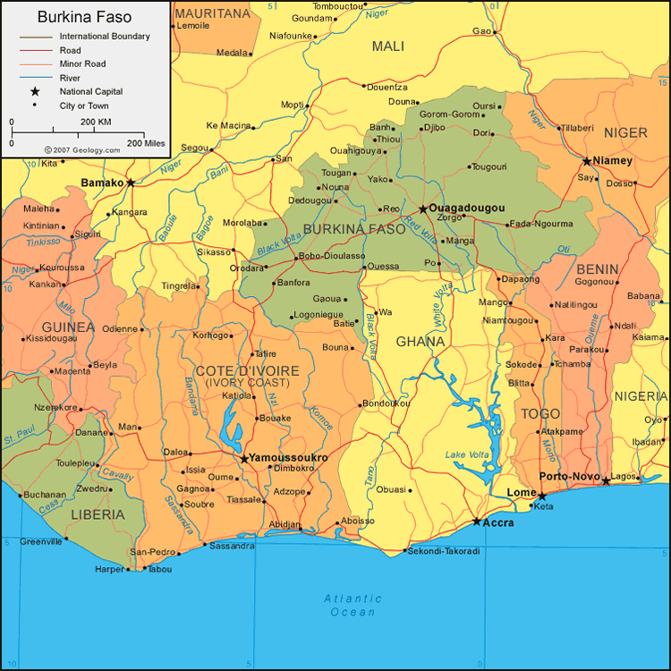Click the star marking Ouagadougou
click(x=423, y=209)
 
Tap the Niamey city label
click(x=613, y=161)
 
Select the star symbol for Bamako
click(x=131, y=183)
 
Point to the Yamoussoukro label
click(x=288, y=458)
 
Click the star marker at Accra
click(x=477, y=522)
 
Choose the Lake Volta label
click(x=468, y=455)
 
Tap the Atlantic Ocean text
click(x=352, y=605)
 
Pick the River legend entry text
click(x=70, y=78)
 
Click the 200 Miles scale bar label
click(x=146, y=143)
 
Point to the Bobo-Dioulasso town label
click(x=332, y=256)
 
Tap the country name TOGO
click(x=540, y=414)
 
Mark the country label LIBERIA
click(x=98, y=514)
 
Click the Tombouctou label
click(x=337, y=6)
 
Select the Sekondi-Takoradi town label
click(x=444, y=551)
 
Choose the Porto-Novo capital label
click(x=568, y=477)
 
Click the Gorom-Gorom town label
click(x=450, y=115)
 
